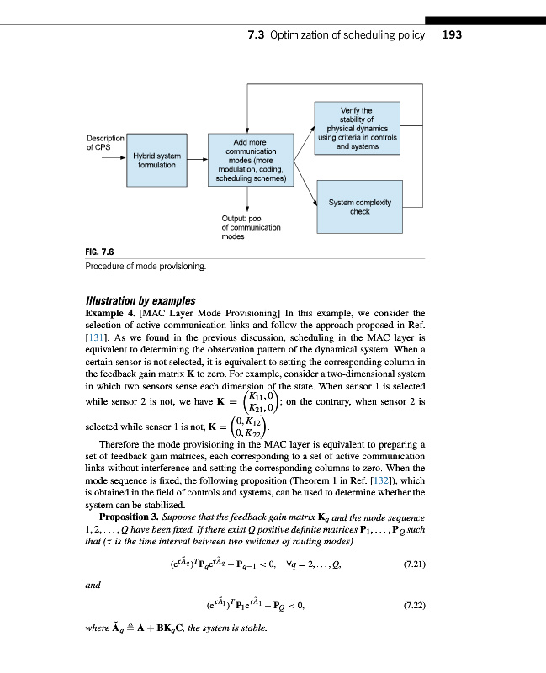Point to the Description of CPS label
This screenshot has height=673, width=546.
click(x=105, y=142)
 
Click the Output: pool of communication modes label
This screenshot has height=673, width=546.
click(x=251, y=227)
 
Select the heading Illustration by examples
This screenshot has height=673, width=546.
click(x=140, y=301)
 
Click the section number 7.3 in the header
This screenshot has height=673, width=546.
click(x=257, y=36)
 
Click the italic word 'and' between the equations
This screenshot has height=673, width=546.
click(x=94, y=583)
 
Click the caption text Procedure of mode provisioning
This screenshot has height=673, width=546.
click(x=146, y=267)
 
